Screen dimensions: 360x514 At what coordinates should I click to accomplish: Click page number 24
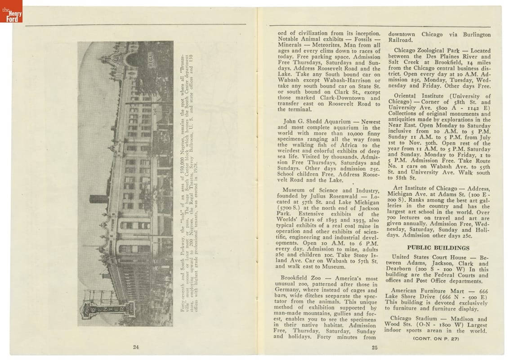tap(136, 346)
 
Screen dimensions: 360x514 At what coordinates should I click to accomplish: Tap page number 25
tap(375, 346)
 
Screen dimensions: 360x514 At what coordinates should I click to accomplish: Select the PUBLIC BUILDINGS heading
tap(438, 247)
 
